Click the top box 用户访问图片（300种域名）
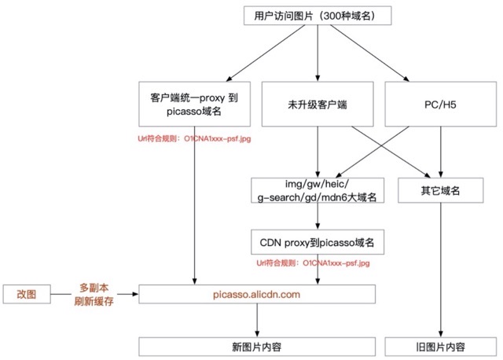coord(317,16)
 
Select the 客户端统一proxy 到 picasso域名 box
coord(194,105)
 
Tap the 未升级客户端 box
coord(317,105)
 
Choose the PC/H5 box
coord(441,105)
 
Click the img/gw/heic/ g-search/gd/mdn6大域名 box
coord(317,190)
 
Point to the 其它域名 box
coord(440,190)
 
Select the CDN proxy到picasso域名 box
coord(317,242)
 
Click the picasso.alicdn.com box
coord(257,294)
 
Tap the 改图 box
coord(26,294)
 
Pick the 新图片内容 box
coord(257,347)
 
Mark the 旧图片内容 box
coord(440,347)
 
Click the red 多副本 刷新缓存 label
coord(97,294)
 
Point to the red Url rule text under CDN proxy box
coord(317,263)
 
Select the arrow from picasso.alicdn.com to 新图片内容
coord(257,321)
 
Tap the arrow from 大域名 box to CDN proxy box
coord(317,216)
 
